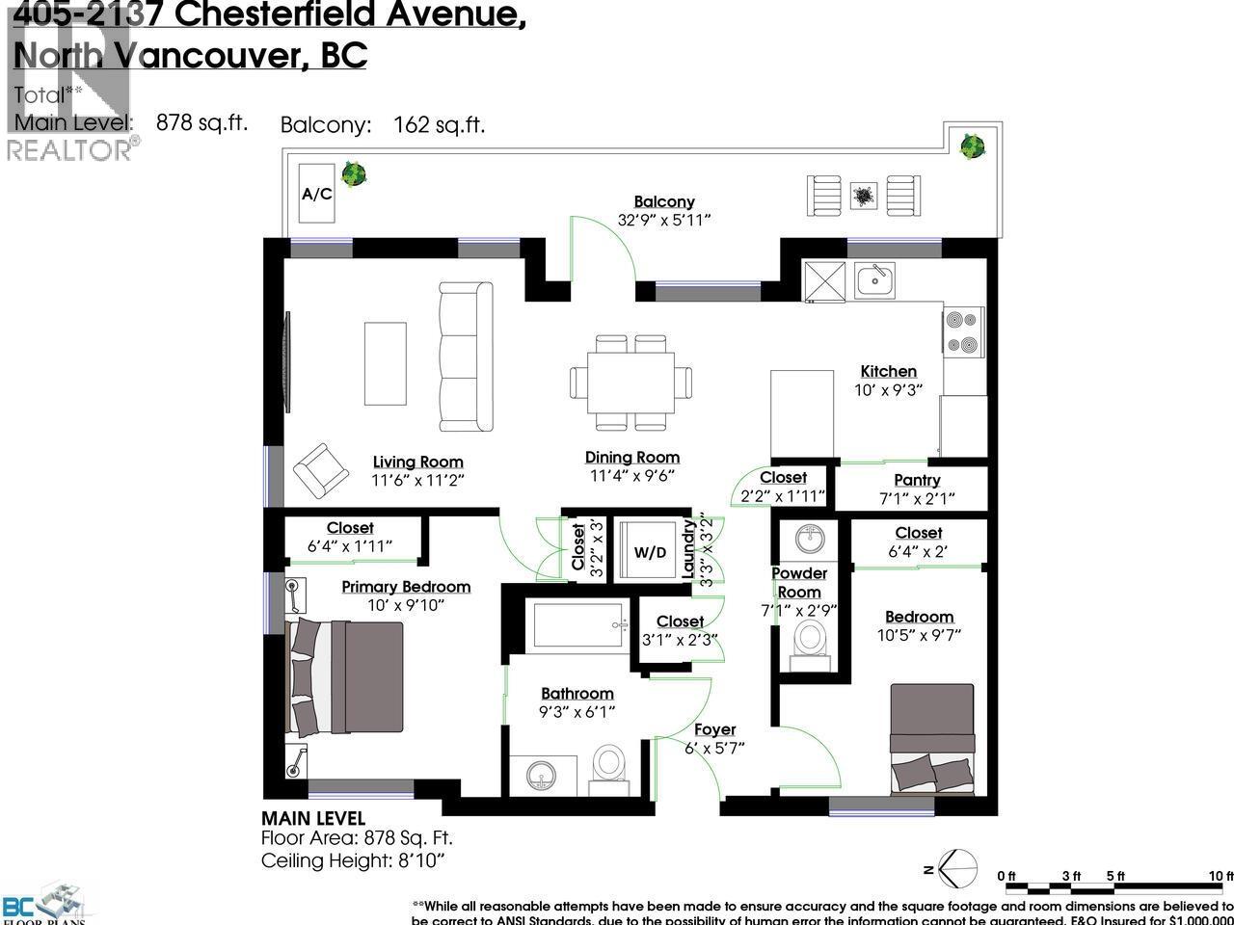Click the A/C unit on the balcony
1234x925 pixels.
pyautogui.click(x=317, y=194)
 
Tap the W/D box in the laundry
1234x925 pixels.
pyautogui.click(x=650, y=552)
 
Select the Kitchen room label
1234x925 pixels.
pyautogui.click(x=888, y=371)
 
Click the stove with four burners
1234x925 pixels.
pyautogui.click(x=963, y=332)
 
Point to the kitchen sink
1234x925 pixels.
pyautogui.click(x=875, y=280)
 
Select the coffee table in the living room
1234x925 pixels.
pyautogui.click(x=385, y=363)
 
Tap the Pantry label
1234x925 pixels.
pyautogui.click(x=917, y=480)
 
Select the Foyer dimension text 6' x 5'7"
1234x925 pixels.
pyautogui.click(x=714, y=749)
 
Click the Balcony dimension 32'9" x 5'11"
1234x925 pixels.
pyautogui.click(x=663, y=220)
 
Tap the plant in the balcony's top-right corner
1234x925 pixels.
pyautogui.click(x=972, y=146)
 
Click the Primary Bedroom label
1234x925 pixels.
pyautogui.click(x=406, y=587)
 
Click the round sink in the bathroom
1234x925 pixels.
pyautogui.click(x=543, y=774)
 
